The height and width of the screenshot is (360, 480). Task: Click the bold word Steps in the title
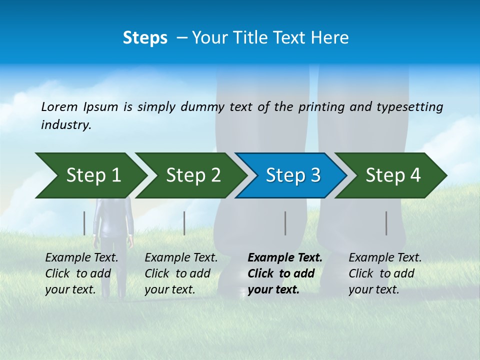click(145, 38)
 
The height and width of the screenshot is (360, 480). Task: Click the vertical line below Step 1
click(84, 223)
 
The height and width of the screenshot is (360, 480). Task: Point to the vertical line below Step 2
click(184, 223)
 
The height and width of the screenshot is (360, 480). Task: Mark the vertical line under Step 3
click(285, 223)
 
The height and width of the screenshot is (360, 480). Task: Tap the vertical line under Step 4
click(386, 223)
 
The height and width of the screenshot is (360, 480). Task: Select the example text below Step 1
click(81, 273)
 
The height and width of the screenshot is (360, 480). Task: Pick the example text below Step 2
click(181, 273)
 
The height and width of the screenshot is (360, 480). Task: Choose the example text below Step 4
click(385, 273)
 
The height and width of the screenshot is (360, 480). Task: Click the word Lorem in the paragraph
click(59, 106)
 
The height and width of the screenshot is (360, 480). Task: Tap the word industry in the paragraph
click(66, 124)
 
